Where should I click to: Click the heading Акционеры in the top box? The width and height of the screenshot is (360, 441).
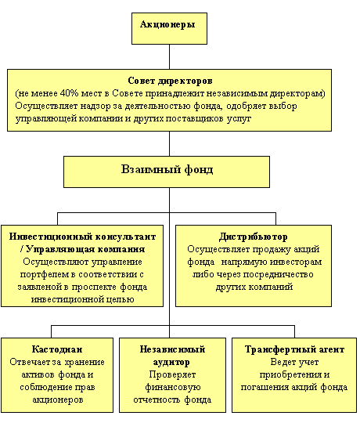coord(167,25)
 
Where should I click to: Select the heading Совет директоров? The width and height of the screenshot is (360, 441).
coord(170,81)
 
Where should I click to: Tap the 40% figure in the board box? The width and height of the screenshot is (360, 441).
coord(69,93)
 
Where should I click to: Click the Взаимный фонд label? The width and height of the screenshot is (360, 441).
coord(167,170)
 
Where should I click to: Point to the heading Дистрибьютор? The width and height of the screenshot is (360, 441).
coord(254,237)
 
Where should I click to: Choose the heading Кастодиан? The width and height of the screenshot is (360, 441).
coord(57,349)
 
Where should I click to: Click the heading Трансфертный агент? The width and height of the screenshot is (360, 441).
coord(294,349)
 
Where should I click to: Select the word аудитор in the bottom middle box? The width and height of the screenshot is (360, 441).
coord(171,362)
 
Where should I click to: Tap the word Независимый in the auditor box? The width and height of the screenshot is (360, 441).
coord(172,349)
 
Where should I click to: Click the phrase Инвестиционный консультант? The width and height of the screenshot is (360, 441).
coord(82,237)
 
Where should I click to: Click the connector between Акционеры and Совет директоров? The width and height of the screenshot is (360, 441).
coord(170,57)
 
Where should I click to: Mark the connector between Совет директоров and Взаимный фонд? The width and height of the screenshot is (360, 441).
coord(170,143)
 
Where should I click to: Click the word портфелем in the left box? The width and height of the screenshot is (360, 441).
coord(45,274)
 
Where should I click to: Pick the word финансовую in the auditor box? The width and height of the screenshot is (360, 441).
coord(172,387)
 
